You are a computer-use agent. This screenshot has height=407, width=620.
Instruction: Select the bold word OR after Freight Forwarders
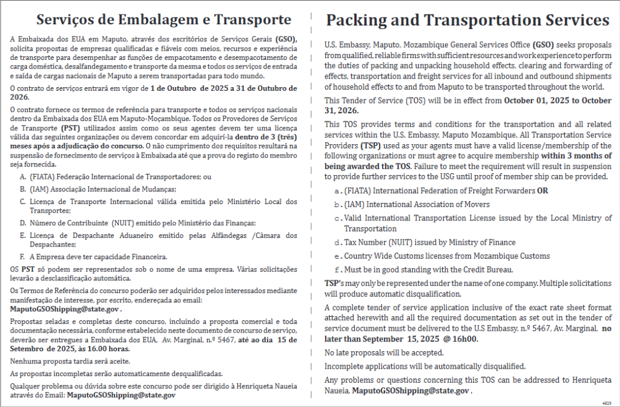coord(542,191)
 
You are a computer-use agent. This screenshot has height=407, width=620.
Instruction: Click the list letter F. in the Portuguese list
coord(22,257)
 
